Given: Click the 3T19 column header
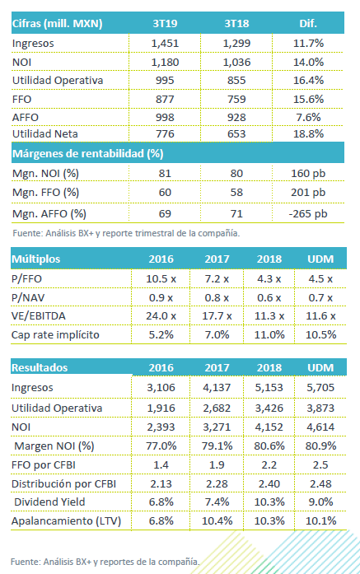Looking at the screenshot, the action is [x=165, y=23].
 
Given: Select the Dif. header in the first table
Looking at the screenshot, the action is [x=308, y=23].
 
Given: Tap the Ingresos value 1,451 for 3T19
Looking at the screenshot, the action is [x=165, y=43].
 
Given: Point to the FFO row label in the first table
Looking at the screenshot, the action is [x=22, y=99].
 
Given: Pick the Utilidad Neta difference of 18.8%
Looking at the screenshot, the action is [x=308, y=133].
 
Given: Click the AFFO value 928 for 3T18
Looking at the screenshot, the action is [x=236, y=118].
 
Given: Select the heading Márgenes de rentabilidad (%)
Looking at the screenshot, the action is [x=88, y=153].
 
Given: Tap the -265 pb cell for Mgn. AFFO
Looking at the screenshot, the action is [x=308, y=214].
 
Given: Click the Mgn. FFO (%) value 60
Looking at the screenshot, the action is [x=165, y=193].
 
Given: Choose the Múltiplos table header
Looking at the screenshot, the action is [x=36, y=259].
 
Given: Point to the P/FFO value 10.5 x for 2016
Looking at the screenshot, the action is [x=161, y=279].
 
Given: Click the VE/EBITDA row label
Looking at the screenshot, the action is [x=39, y=316].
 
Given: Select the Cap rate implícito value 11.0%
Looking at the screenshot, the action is [x=269, y=334].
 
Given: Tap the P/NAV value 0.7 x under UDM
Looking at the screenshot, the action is [x=320, y=298].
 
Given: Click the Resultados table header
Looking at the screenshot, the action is [x=40, y=367].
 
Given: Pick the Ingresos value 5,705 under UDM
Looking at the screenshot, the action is [x=320, y=387].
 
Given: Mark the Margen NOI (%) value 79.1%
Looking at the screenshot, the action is [x=217, y=446].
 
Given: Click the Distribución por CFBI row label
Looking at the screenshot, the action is [x=63, y=484].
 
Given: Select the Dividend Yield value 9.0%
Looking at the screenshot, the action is [x=320, y=502].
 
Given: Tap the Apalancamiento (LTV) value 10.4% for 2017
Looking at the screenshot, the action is [x=217, y=521].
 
